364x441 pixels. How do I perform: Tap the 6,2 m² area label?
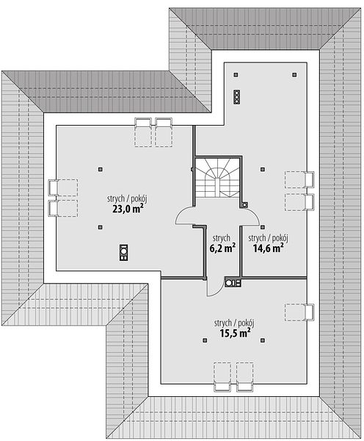coord(222,248)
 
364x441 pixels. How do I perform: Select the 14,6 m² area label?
coord(268,248)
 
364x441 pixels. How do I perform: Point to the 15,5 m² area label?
coord(235,333)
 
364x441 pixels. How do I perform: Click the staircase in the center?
coord(218,178)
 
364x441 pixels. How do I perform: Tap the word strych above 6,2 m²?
coord(222,238)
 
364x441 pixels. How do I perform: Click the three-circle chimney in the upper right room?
coord(237,97)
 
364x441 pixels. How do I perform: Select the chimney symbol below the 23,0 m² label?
coord(123,252)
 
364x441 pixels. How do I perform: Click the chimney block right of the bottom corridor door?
coord(233,283)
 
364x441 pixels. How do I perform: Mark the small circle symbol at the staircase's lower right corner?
coord(245,205)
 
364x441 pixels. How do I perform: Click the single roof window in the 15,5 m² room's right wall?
coord(299,312)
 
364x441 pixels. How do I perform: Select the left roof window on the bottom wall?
coord(222,377)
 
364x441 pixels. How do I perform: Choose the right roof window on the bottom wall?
coord(244,377)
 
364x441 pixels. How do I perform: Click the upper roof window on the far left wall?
coord(63,187)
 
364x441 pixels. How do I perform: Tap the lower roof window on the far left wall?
coord(63,208)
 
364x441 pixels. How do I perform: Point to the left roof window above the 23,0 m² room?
coord(143,132)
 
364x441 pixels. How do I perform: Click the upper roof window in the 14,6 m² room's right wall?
coord(299,179)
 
